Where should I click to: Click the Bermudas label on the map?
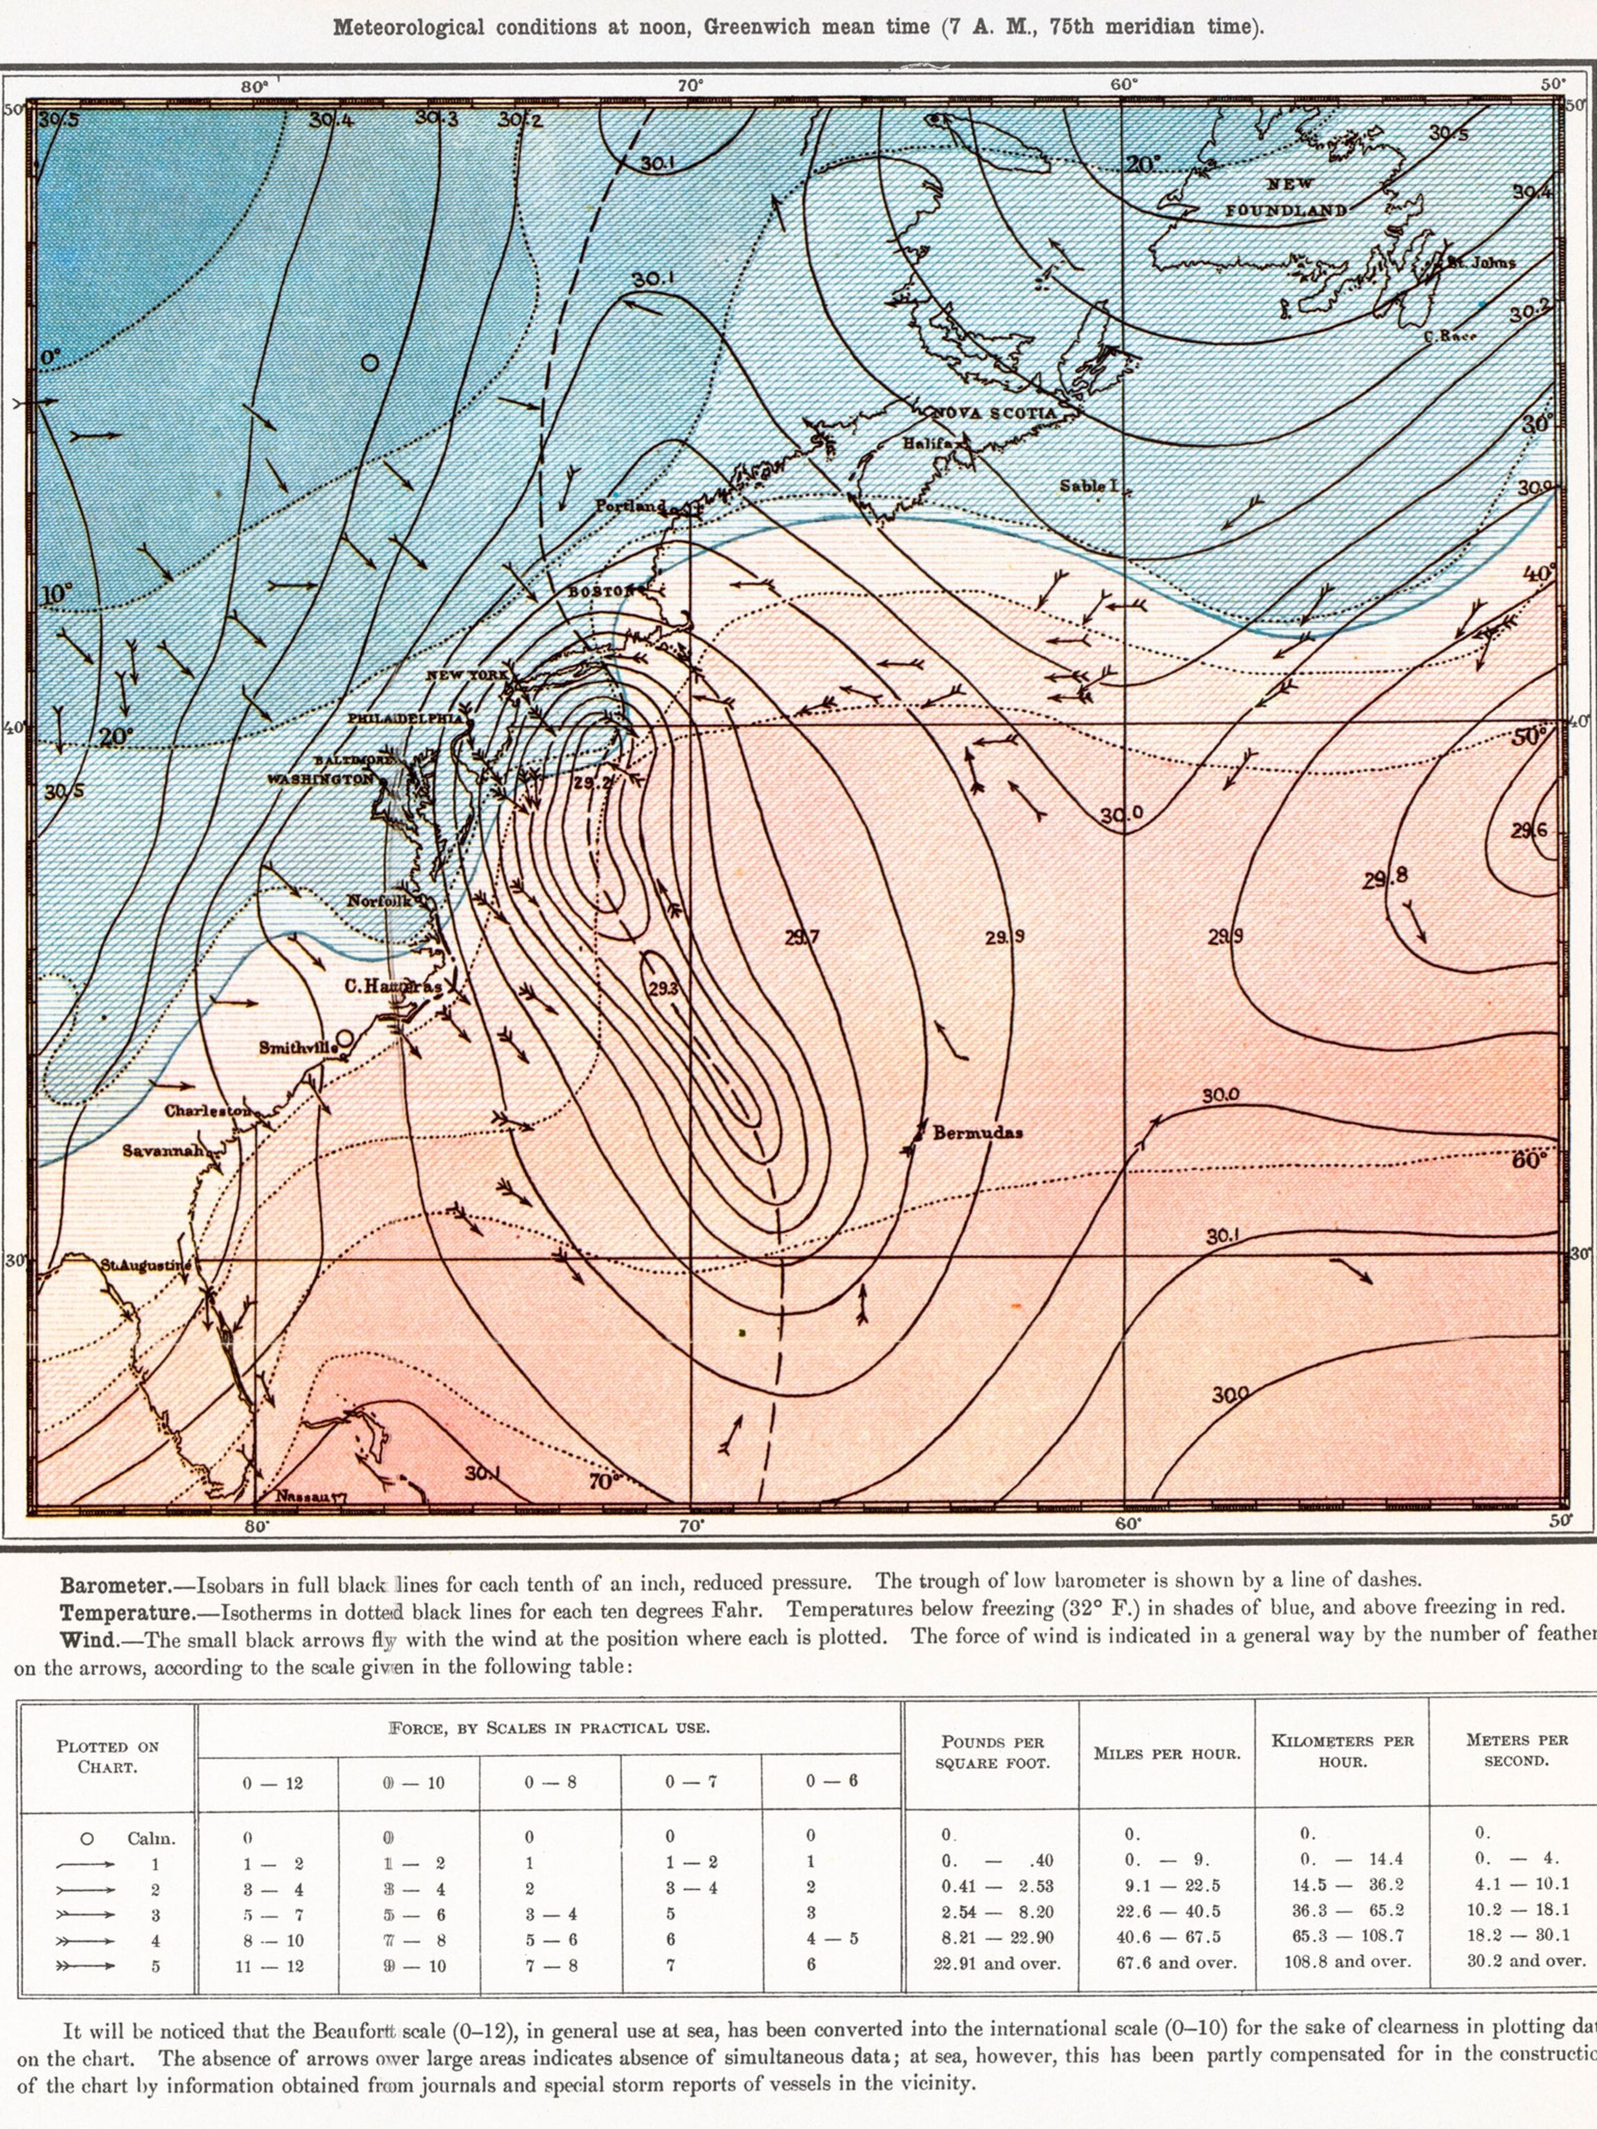pyautogui.click(x=977, y=1133)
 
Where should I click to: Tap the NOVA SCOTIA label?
pyautogui.click(x=993, y=413)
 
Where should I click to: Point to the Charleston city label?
pyautogui.click(x=208, y=1111)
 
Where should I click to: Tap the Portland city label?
pyautogui.click(x=631, y=505)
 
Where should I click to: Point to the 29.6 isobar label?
pyautogui.click(x=1528, y=830)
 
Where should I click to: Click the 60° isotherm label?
pyautogui.click(x=1528, y=1159)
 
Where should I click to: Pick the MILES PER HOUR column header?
pyautogui.click(x=1167, y=1753)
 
